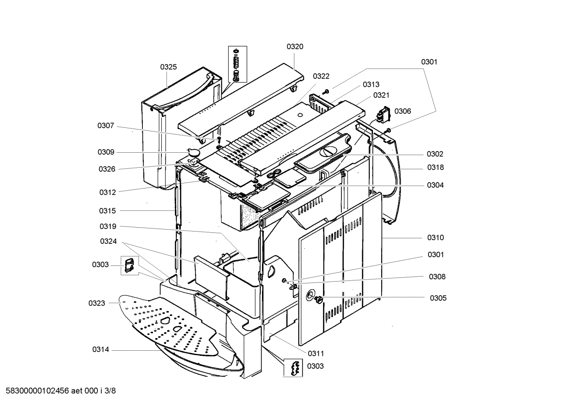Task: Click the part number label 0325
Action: point(168,67)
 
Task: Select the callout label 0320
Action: point(295,47)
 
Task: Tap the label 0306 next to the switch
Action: point(402,111)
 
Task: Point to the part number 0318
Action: point(435,167)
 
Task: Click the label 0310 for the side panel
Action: point(435,237)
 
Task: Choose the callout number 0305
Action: point(438,298)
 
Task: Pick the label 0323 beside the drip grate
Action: point(97,303)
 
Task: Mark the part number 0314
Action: point(101,350)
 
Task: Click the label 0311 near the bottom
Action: point(316,353)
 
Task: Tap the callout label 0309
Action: point(106,152)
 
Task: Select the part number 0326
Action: point(107,169)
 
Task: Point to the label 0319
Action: point(108,226)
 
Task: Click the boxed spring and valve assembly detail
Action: point(237,64)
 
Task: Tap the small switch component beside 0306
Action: point(382,114)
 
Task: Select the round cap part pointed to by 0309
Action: point(193,152)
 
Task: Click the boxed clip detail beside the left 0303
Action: point(129,264)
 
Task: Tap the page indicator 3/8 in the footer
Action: point(111,391)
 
